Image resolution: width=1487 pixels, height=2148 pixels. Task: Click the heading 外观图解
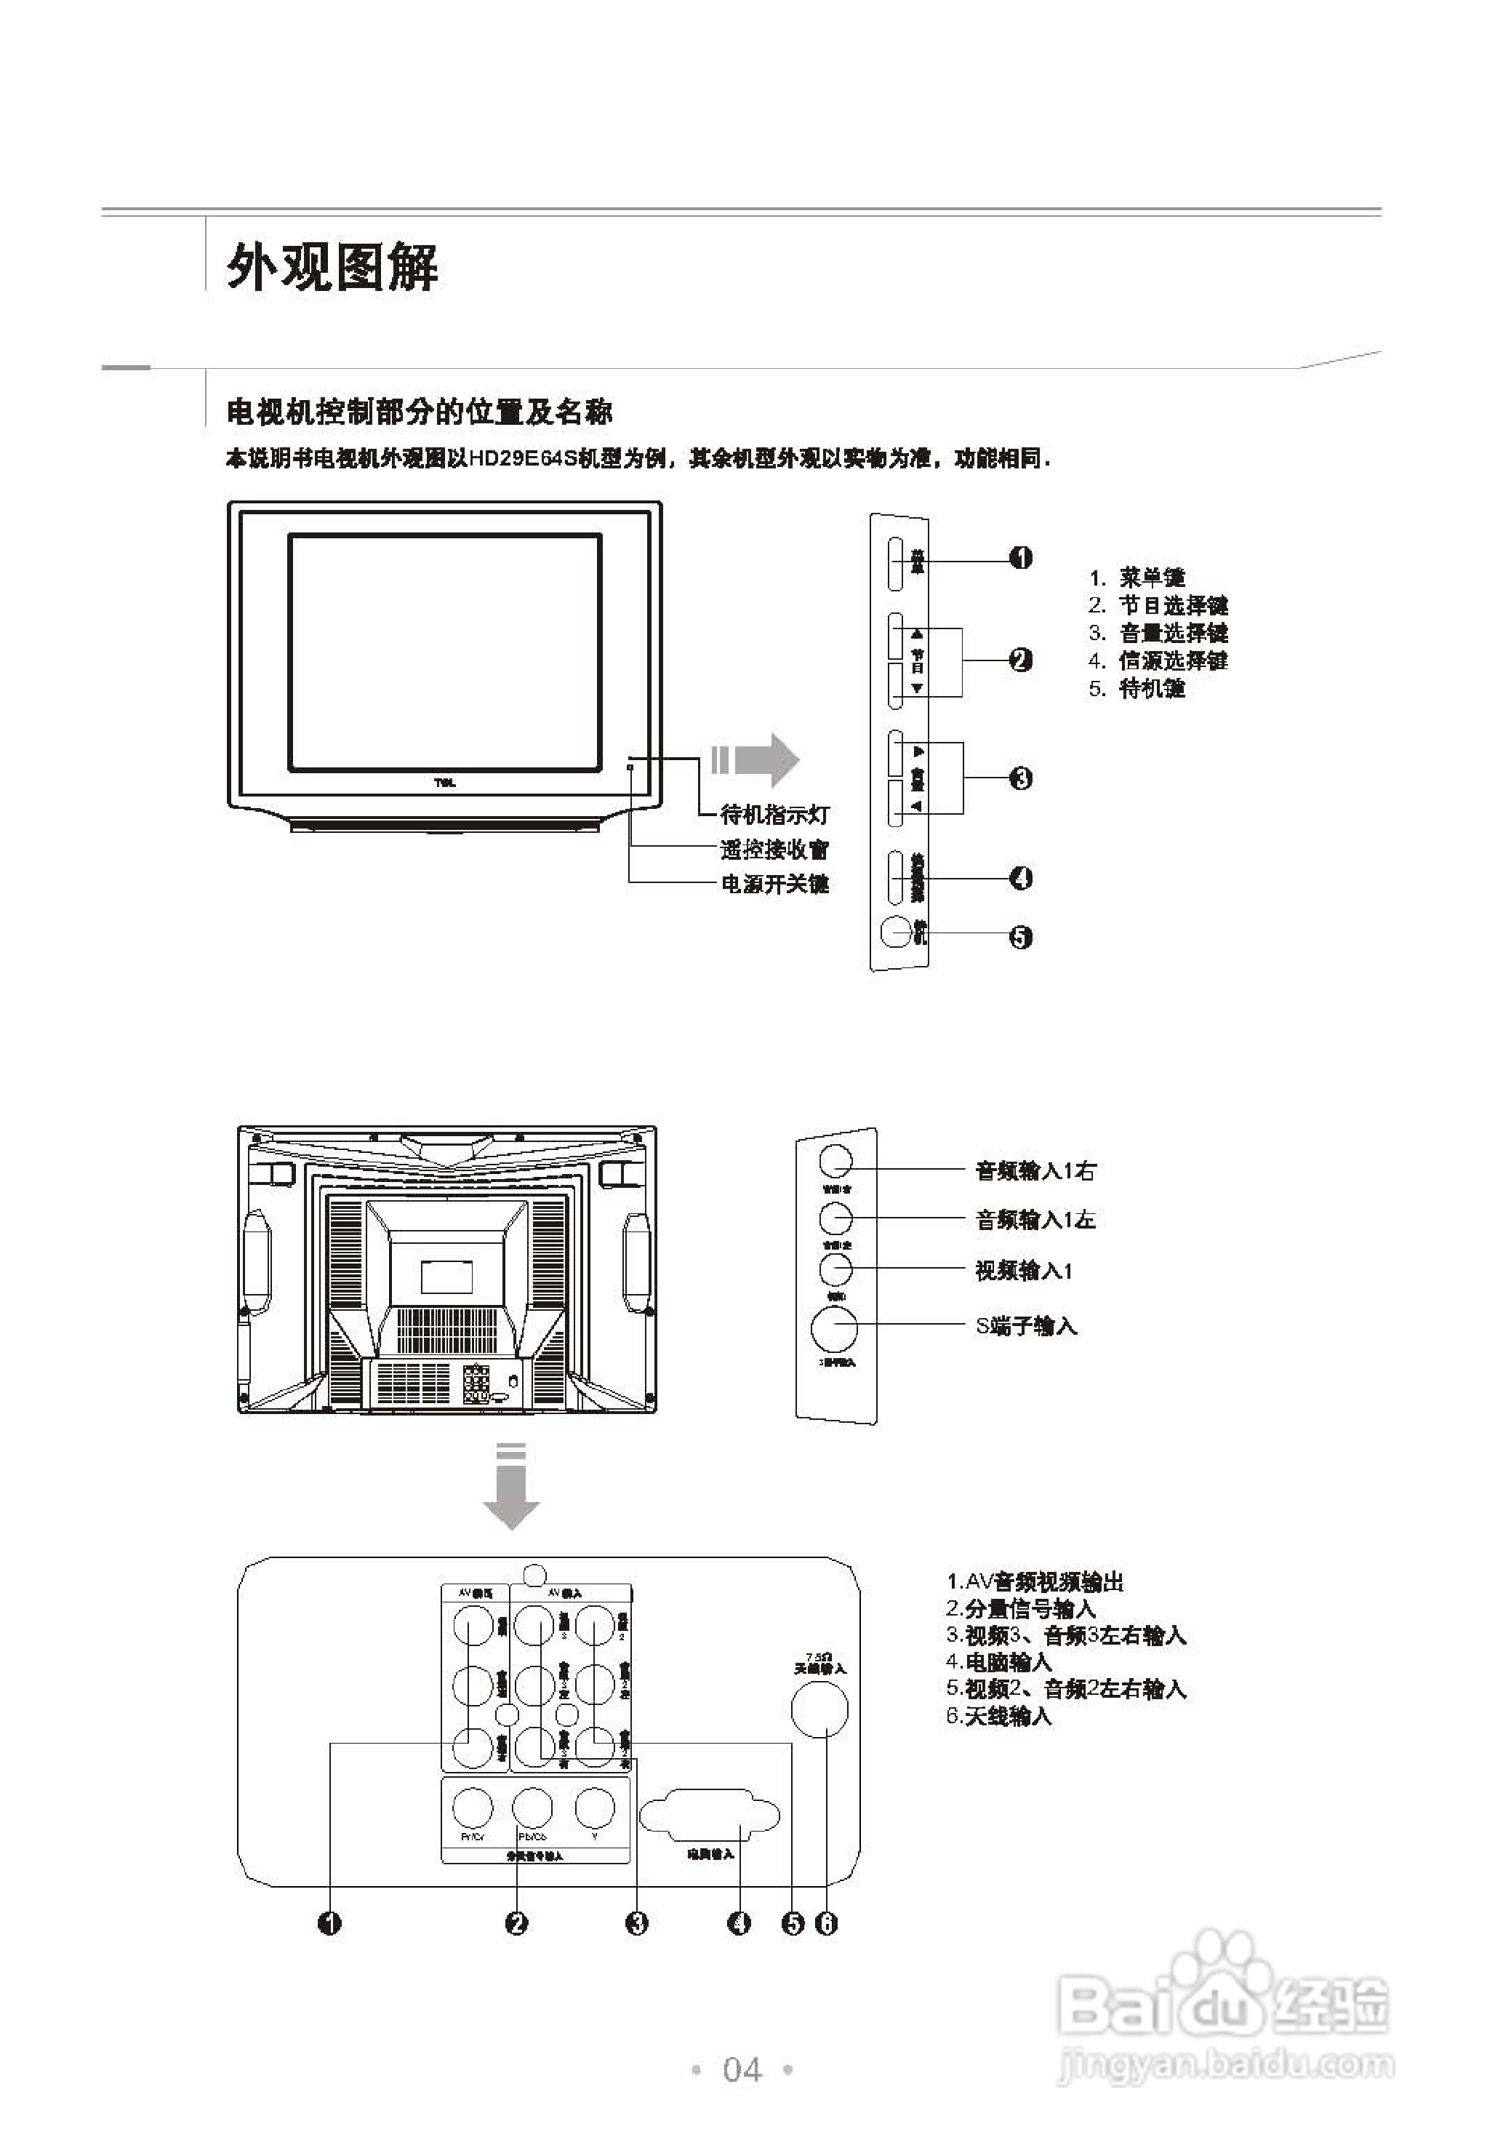(x=332, y=269)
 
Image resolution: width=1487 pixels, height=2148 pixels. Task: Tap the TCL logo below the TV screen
(x=445, y=783)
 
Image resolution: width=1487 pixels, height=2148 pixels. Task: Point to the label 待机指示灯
(x=774, y=815)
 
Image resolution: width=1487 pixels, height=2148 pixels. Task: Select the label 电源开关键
(x=774, y=884)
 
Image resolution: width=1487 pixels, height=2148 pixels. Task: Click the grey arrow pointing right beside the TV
(x=756, y=759)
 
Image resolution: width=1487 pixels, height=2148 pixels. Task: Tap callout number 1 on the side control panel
(x=1021, y=558)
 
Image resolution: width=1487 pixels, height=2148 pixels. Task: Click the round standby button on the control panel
(x=895, y=933)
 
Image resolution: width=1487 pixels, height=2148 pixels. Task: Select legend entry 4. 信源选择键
(x=1159, y=660)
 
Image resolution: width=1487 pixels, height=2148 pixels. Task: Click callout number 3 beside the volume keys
(x=1021, y=778)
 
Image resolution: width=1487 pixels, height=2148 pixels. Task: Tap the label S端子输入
(x=1026, y=1326)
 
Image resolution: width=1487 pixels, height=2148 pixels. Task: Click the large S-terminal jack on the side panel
(x=834, y=1330)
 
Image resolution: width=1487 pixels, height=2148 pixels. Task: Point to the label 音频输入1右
(x=1035, y=1170)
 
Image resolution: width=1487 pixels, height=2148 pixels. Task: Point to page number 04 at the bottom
(x=742, y=2069)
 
